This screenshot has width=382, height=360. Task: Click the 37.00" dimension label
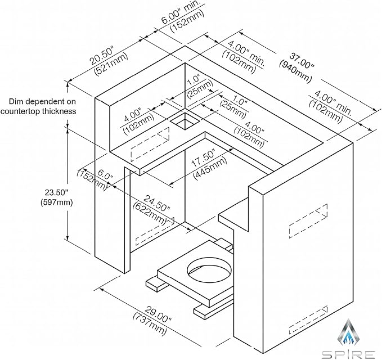click(302, 60)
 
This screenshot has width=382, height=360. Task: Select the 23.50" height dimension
click(56, 193)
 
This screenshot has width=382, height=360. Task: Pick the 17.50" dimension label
click(203, 159)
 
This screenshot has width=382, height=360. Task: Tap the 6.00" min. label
click(181, 12)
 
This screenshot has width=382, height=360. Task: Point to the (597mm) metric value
click(56, 202)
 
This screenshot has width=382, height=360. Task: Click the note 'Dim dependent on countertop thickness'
click(38, 106)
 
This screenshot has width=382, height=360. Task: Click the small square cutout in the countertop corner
click(185, 121)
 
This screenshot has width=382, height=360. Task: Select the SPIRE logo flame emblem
click(349, 333)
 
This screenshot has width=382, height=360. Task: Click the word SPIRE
click(348, 354)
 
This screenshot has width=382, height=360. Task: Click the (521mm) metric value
click(111, 64)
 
